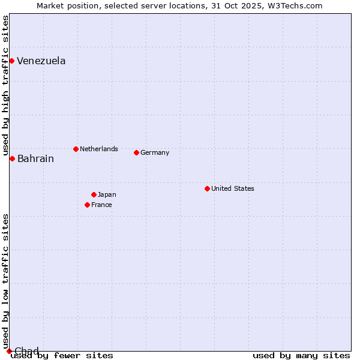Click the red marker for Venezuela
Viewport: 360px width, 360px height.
tap(11, 61)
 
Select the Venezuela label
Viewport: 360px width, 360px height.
tap(41, 61)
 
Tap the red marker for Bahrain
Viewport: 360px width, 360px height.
tap(12, 158)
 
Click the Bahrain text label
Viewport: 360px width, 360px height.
tap(35, 159)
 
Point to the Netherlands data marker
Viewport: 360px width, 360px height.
tap(76, 149)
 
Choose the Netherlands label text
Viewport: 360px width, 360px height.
tap(99, 149)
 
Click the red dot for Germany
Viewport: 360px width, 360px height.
tap(136, 152)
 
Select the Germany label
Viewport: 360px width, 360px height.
tap(155, 152)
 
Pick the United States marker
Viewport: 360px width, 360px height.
tap(207, 188)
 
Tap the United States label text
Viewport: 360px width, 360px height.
tap(233, 188)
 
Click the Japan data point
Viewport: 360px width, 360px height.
tap(94, 194)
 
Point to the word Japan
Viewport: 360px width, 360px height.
tap(107, 194)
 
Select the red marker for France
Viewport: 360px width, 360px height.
tap(87, 205)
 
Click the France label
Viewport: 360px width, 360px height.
tap(101, 205)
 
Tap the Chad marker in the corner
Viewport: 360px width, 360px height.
tap(9, 351)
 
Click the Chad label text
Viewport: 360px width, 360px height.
tap(26, 351)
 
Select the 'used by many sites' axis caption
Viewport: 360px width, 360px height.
tap(301, 355)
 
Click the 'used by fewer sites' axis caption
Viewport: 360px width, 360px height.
tap(62, 355)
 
